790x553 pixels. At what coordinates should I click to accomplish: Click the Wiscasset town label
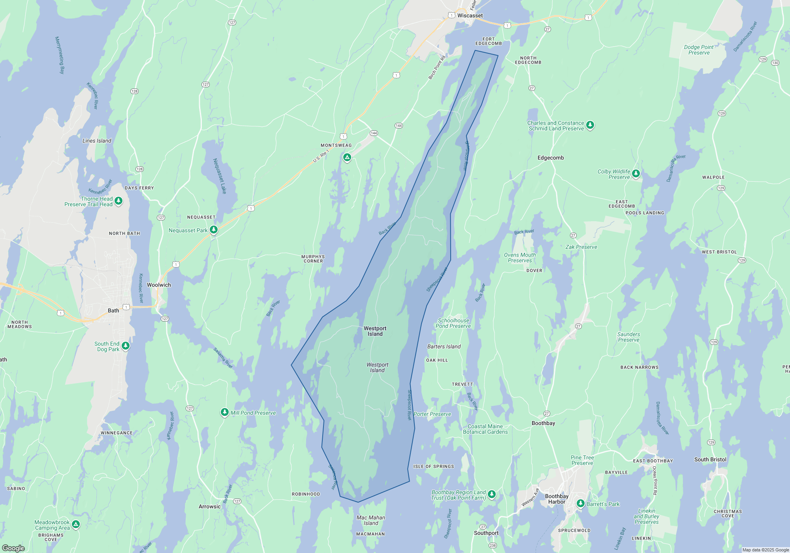pos(470,16)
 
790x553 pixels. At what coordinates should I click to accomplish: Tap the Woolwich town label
pos(159,285)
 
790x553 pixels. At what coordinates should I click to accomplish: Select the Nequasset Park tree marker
pos(214,229)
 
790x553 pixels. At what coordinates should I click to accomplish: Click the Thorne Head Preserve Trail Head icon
pos(118,201)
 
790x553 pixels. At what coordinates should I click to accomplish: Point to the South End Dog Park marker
pos(126,346)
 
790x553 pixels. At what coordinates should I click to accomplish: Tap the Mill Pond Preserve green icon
pos(224,412)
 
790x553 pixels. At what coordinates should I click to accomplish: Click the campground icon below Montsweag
pos(347,158)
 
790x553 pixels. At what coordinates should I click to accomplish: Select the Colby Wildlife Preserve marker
pos(636,173)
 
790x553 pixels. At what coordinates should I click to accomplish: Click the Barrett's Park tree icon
pos(581,503)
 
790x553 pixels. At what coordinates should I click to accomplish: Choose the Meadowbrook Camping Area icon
pos(76,524)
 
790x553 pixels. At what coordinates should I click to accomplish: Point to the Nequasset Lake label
pos(220,176)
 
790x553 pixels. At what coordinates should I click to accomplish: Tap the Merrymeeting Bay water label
pos(59,55)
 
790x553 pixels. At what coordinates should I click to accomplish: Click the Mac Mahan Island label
pos(371,520)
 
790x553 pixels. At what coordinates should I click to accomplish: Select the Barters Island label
pos(444,346)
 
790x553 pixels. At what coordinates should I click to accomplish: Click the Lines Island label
pos(97,141)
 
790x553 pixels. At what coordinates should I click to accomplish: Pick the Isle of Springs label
pos(433,466)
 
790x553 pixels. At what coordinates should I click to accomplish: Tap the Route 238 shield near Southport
pos(493,545)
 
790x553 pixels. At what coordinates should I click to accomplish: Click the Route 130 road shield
pos(775,63)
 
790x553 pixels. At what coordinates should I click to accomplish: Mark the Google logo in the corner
pos(13,548)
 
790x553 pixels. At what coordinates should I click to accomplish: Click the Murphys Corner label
pos(313,259)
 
